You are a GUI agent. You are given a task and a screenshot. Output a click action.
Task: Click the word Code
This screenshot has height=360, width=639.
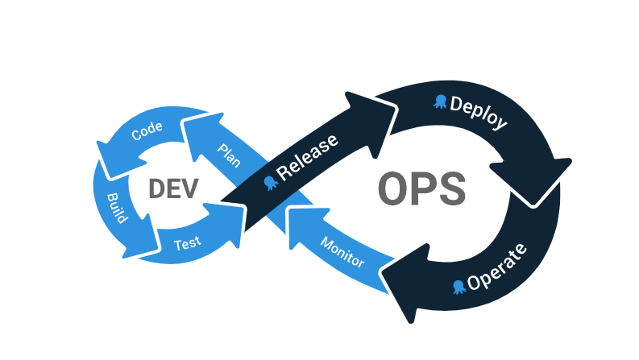pos(147,130)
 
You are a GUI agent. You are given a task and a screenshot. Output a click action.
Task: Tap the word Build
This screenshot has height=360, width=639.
pos(116,208)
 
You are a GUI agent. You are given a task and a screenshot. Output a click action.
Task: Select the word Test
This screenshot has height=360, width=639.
pos(188,242)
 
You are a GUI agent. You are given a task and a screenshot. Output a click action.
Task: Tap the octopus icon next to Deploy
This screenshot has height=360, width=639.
pos(441,101)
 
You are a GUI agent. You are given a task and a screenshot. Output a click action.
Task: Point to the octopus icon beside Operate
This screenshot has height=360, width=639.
pos(459,286)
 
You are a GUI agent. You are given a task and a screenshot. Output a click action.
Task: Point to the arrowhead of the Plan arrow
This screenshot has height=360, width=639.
pos(198,132)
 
